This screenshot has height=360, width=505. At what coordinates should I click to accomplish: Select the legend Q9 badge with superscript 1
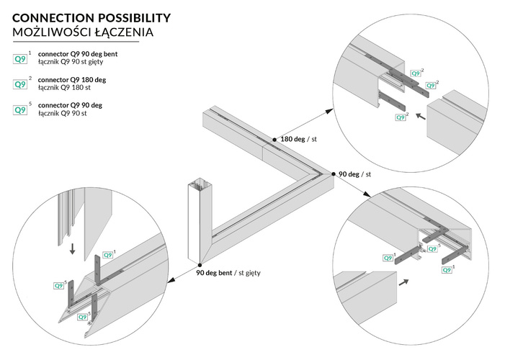20,58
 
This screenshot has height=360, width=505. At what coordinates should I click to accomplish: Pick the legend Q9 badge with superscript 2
20,84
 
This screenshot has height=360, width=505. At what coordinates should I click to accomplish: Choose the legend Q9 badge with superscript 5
20,110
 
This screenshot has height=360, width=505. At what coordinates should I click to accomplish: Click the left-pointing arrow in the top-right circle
420,114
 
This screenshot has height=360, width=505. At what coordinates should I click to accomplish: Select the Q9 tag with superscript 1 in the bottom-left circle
109,255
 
